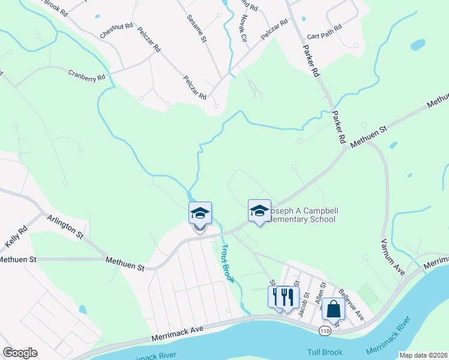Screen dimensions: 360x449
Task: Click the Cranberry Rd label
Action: pyautogui.click(x=86, y=76)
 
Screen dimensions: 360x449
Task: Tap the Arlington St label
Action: pyautogui.click(x=65, y=229)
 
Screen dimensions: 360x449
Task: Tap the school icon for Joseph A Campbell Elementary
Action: pyautogui.click(x=259, y=211)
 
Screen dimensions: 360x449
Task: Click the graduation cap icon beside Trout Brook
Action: pyautogui.click(x=200, y=213)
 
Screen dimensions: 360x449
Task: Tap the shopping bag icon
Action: pyautogui.click(x=333, y=310)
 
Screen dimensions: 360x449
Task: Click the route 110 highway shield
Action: pyautogui.click(x=325, y=331)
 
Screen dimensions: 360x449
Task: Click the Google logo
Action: pyautogui.click(x=20, y=353)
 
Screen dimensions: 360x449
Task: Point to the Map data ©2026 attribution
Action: pyautogui.click(x=423, y=355)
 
